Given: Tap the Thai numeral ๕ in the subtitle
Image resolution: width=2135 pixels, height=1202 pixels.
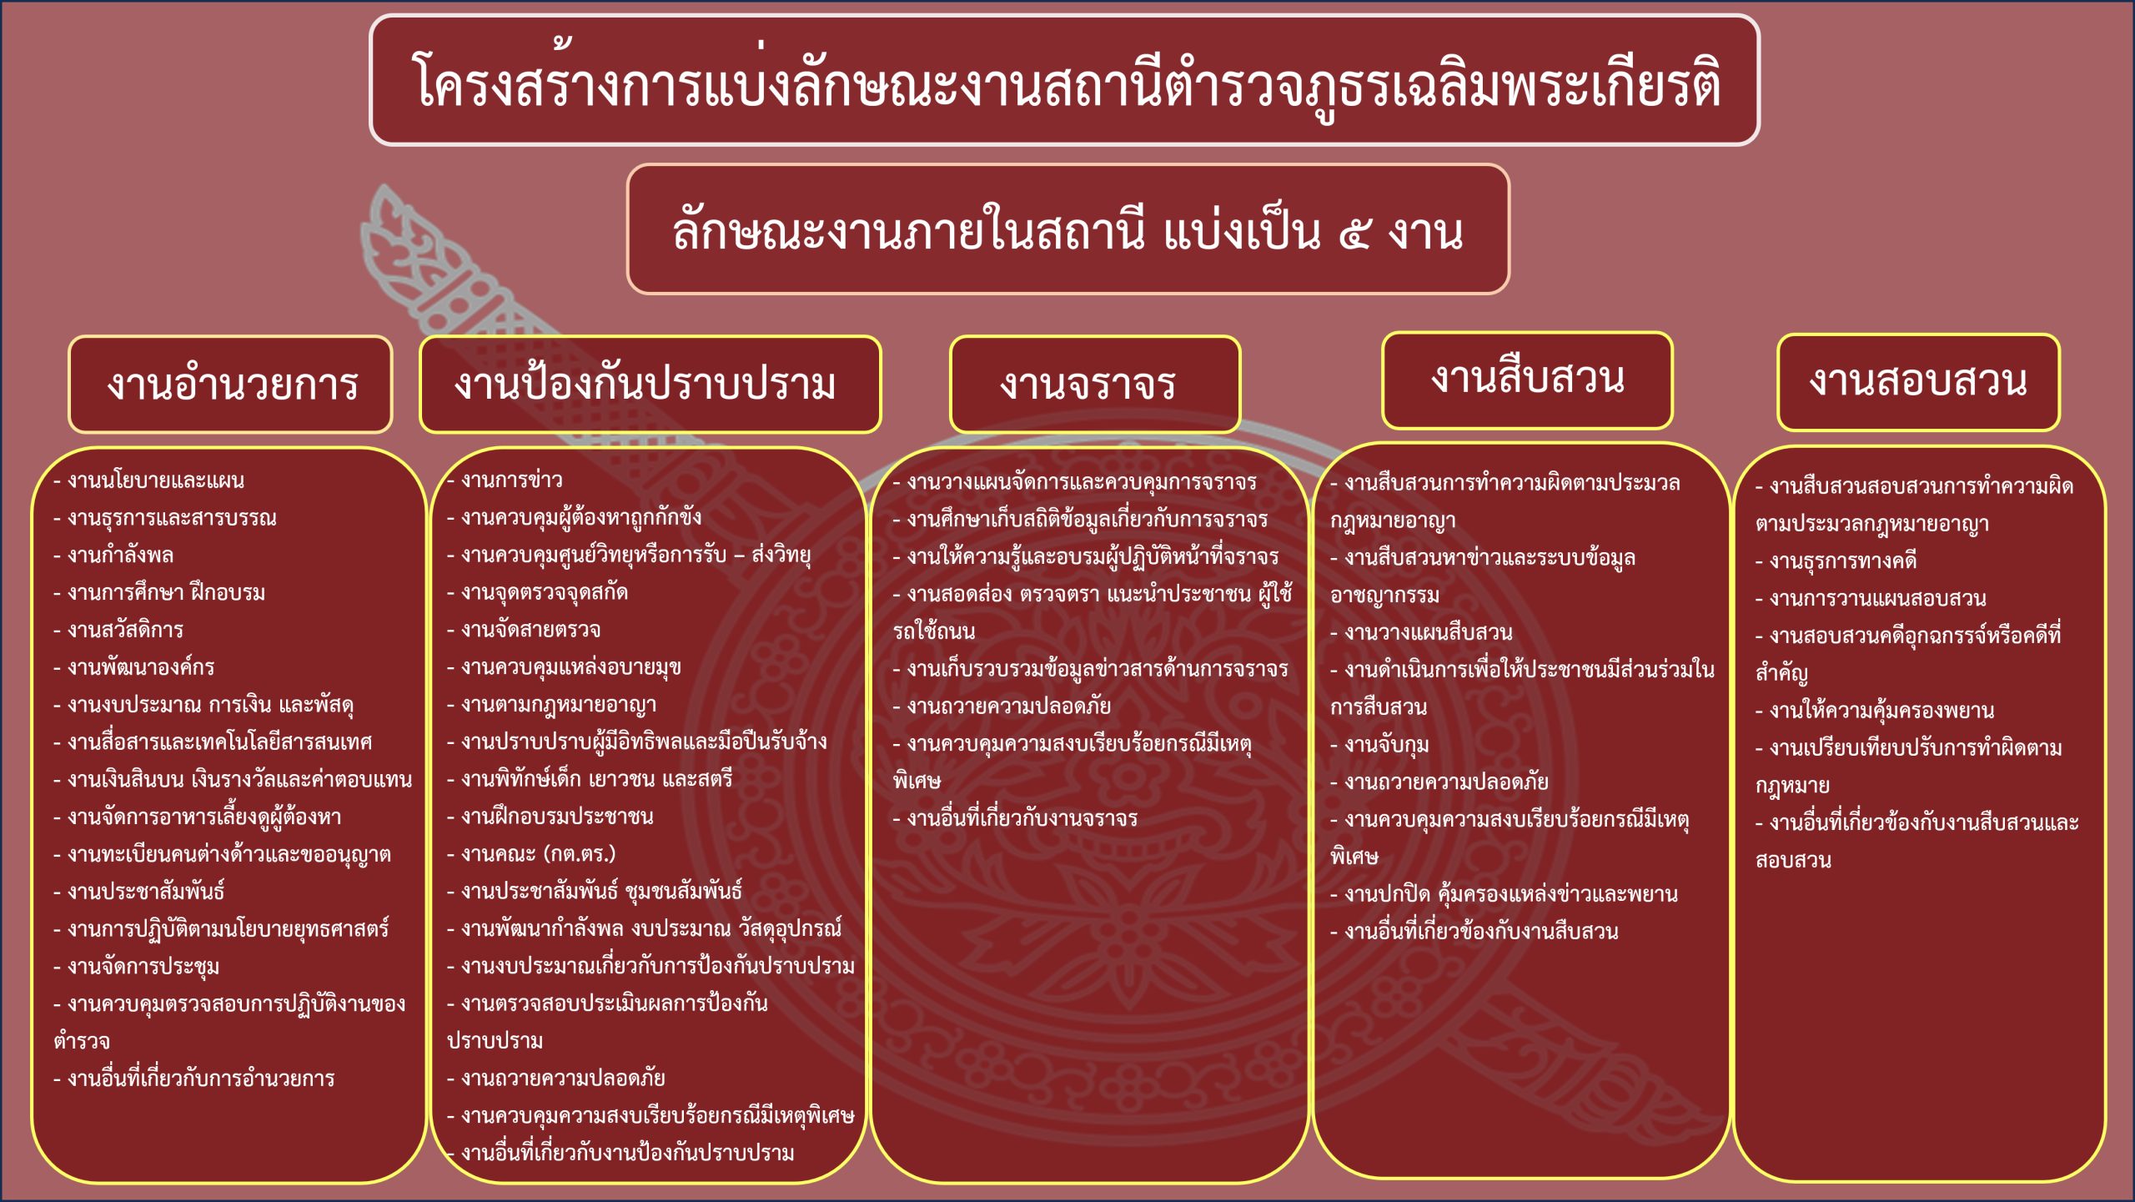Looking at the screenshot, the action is pos(1354,233).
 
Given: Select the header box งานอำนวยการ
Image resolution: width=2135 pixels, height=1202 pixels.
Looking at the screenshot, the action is pos(230,385).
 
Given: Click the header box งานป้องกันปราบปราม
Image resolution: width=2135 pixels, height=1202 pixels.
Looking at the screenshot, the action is pos(650,385).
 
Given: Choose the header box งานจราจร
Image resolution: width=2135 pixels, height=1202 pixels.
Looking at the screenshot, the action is pos(1095,385).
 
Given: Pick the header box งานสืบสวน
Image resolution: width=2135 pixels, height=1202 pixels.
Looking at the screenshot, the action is pos(1527,380).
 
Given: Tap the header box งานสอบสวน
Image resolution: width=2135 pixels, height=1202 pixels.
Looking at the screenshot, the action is pos(1918,383).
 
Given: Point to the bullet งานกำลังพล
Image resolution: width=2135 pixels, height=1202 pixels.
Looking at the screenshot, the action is pos(113,556).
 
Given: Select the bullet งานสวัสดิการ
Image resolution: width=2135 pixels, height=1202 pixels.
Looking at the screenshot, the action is pos(118,630).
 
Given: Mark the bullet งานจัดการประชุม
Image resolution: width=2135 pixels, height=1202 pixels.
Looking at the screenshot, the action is pos(136,967).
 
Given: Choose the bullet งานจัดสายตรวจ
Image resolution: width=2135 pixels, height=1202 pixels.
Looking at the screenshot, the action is pos(524,630).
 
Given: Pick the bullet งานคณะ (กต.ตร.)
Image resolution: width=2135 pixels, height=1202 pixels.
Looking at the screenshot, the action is pos(531,854).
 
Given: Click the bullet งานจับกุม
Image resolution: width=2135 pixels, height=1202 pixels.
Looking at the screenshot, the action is pos(1379,745).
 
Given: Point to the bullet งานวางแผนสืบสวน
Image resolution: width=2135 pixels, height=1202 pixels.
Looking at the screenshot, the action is pos(1421,632).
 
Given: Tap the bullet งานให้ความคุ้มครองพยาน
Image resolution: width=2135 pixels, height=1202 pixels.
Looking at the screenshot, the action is pos(1875,711).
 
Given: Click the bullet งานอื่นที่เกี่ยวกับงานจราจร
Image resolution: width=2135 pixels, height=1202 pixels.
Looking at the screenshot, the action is pos(1015,818).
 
